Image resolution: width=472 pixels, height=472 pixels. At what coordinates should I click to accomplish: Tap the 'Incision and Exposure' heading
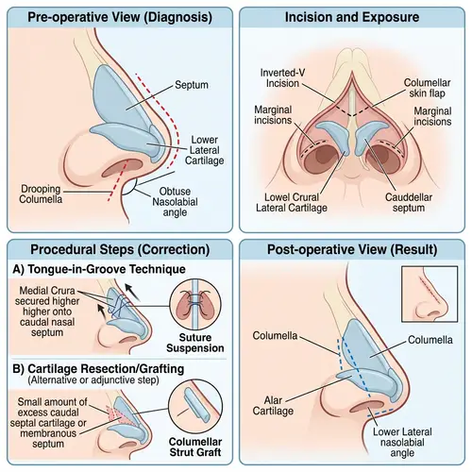tap(352, 17)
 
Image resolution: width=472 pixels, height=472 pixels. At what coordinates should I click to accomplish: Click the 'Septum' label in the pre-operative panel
tap(192, 86)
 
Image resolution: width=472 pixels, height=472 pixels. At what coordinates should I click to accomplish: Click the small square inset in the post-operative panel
tap(431, 294)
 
